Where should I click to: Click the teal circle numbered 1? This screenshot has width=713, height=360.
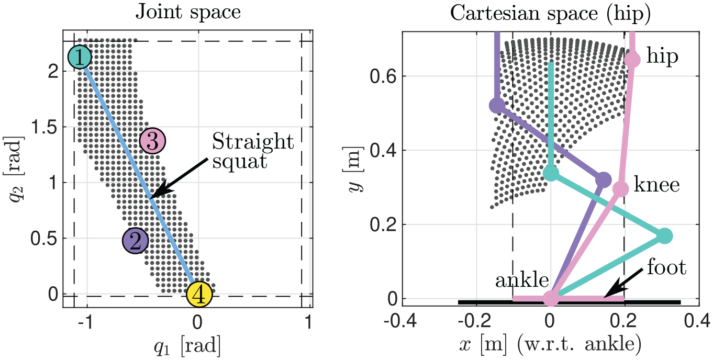point(80,57)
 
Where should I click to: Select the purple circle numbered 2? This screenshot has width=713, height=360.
point(135,241)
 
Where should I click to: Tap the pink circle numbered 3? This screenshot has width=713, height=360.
point(153,141)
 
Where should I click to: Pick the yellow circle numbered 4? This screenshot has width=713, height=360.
point(199,295)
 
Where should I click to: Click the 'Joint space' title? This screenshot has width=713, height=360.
point(188,13)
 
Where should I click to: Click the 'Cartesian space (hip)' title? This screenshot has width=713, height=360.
point(550,14)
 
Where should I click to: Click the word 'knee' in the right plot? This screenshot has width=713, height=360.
point(656,185)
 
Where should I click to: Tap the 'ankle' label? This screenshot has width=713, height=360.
point(522,280)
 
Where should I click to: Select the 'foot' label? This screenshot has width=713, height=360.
point(666,267)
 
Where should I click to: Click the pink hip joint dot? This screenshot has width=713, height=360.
point(632,60)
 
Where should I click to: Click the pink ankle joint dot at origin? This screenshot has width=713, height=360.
point(551,298)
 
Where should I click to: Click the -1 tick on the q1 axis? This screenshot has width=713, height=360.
point(85,322)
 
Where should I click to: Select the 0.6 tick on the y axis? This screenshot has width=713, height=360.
point(383,76)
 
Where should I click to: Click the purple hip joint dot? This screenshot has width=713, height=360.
point(497,105)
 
